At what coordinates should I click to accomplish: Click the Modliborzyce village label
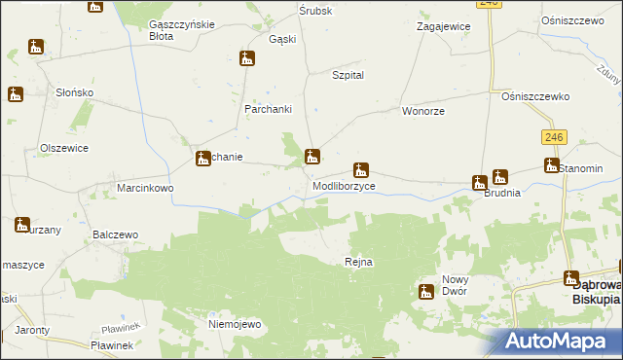pos(344,185)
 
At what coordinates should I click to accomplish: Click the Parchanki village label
pos(269,108)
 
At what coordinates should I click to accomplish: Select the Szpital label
pos(348,75)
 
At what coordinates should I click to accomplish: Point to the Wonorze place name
pos(423,112)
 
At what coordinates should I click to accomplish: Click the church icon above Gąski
pos(247,58)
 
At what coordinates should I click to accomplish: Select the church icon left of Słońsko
pos(16,94)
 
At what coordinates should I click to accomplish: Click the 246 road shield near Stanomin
pos(556,140)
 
